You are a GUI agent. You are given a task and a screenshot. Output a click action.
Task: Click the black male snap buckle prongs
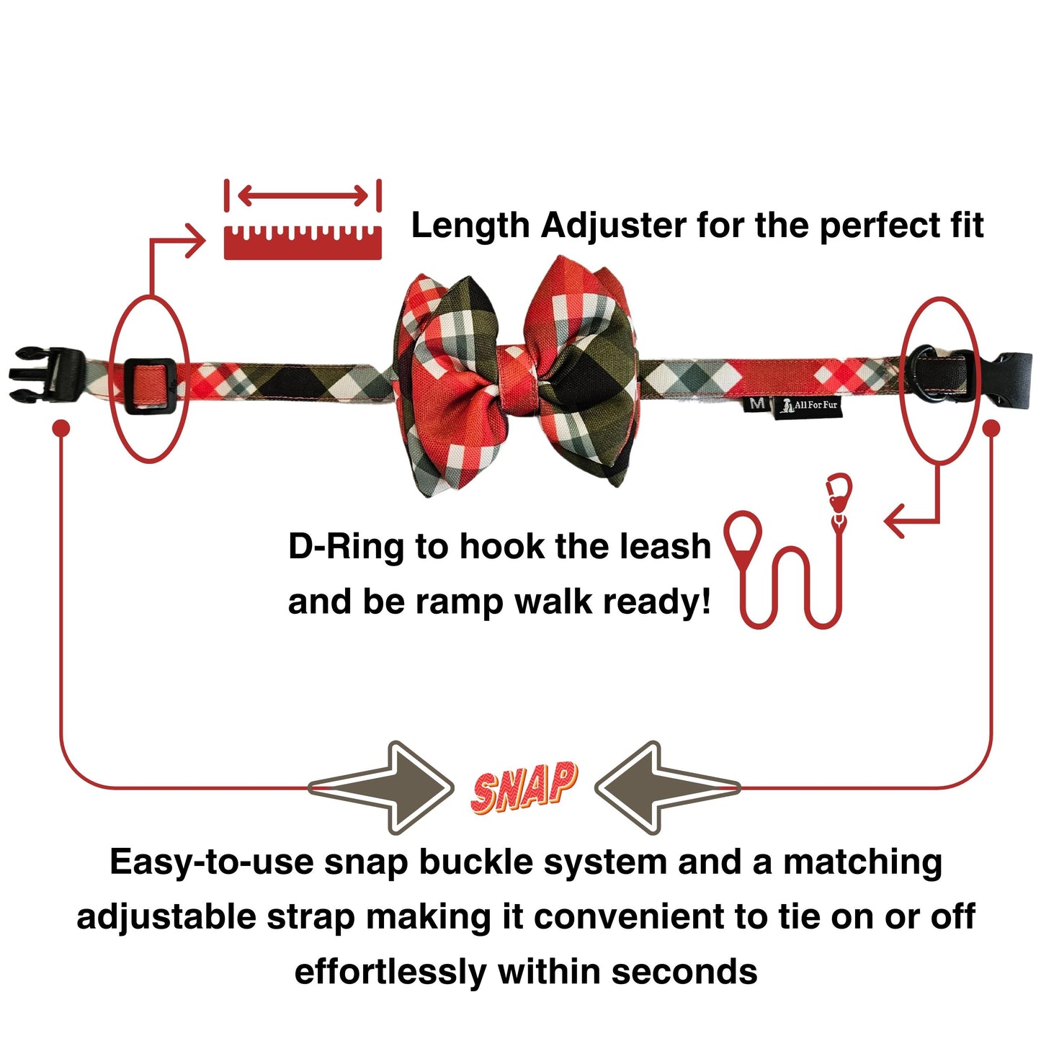[46, 375]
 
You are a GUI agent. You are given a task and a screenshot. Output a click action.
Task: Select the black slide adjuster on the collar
[150, 386]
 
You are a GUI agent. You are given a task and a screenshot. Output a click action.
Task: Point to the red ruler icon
[303, 242]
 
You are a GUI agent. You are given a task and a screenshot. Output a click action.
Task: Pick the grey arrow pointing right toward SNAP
[381, 787]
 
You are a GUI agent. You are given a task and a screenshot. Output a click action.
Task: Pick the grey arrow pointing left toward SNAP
[668, 787]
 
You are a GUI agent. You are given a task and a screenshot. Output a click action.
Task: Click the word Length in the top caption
[470, 225]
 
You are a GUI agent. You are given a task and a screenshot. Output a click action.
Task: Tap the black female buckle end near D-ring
[1013, 379]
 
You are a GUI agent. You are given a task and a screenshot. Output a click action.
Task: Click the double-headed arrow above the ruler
[303, 195]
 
